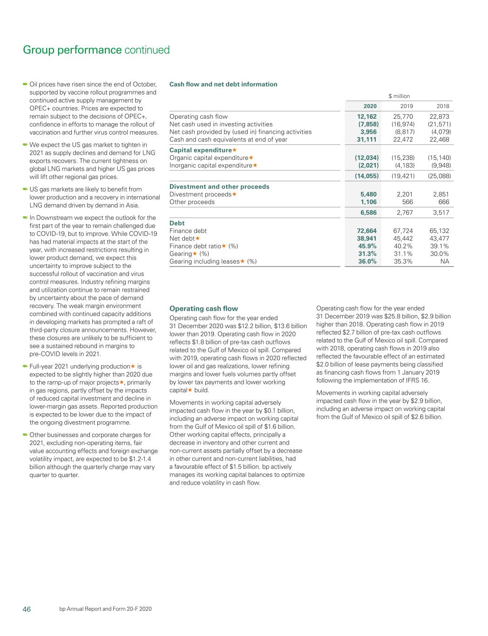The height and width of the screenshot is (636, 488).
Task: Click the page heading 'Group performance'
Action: [72, 50]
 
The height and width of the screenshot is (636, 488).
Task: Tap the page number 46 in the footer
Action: [27, 609]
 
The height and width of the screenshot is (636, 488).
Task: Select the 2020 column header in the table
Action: [370, 106]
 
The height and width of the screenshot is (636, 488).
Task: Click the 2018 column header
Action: [442, 106]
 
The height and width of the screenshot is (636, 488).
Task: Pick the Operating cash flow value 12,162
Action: [366, 116]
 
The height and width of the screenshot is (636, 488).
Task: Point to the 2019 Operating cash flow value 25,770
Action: [403, 116]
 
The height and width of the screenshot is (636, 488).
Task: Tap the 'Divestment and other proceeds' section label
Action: [219, 186]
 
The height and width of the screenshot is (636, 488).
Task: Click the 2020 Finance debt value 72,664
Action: [366, 231]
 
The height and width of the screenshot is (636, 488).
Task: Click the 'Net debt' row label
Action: [182, 239]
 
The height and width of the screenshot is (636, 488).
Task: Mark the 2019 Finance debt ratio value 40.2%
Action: [403, 246]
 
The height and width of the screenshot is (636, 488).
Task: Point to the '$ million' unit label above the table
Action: [399, 96]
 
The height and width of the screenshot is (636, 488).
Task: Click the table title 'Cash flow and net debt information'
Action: [223, 84]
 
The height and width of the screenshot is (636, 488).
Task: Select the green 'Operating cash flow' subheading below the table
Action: [203, 308]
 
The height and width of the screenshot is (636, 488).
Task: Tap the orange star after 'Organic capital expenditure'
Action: [251, 157]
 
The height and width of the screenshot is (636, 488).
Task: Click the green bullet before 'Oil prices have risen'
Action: [25, 84]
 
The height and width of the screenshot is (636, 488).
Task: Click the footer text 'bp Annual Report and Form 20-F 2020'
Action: [106, 609]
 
